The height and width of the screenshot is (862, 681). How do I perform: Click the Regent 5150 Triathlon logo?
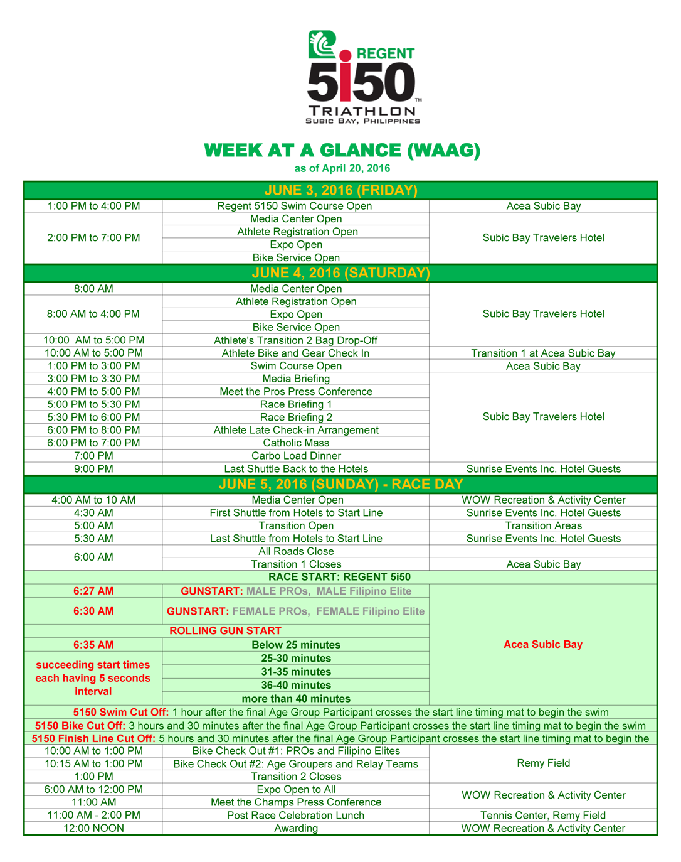[362, 77]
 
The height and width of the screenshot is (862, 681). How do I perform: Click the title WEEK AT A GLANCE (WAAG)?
[342, 151]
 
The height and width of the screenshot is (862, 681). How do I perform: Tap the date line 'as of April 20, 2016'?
[342, 168]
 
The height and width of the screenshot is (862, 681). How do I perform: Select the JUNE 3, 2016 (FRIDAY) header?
[340, 191]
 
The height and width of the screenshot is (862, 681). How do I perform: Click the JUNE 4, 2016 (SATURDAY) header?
[340, 273]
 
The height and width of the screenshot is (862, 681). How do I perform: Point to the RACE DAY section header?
[340, 485]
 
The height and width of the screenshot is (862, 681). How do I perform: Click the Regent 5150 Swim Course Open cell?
[295, 206]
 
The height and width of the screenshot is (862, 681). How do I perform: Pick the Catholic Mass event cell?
[295, 443]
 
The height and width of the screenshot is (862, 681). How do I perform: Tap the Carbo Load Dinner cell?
[295, 456]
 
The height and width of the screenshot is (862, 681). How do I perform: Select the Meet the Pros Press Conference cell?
[295, 392]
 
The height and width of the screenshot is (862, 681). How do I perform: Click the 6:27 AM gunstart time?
[93, 591]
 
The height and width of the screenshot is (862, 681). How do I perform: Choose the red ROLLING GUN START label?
[225, 630]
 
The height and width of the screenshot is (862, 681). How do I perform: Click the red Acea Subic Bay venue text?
[542, 644]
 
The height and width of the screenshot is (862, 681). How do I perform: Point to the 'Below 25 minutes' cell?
[295, 645]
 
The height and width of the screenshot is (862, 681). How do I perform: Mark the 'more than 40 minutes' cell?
[295, 699]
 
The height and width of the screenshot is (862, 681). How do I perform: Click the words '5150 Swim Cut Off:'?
[121, 713]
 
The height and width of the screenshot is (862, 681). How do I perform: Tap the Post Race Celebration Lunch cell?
[295, 816]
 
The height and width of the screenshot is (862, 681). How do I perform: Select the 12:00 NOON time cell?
[93, 829]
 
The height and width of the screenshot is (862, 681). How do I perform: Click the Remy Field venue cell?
[543, 763]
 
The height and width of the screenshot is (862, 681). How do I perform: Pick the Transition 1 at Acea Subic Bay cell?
[543, 353]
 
